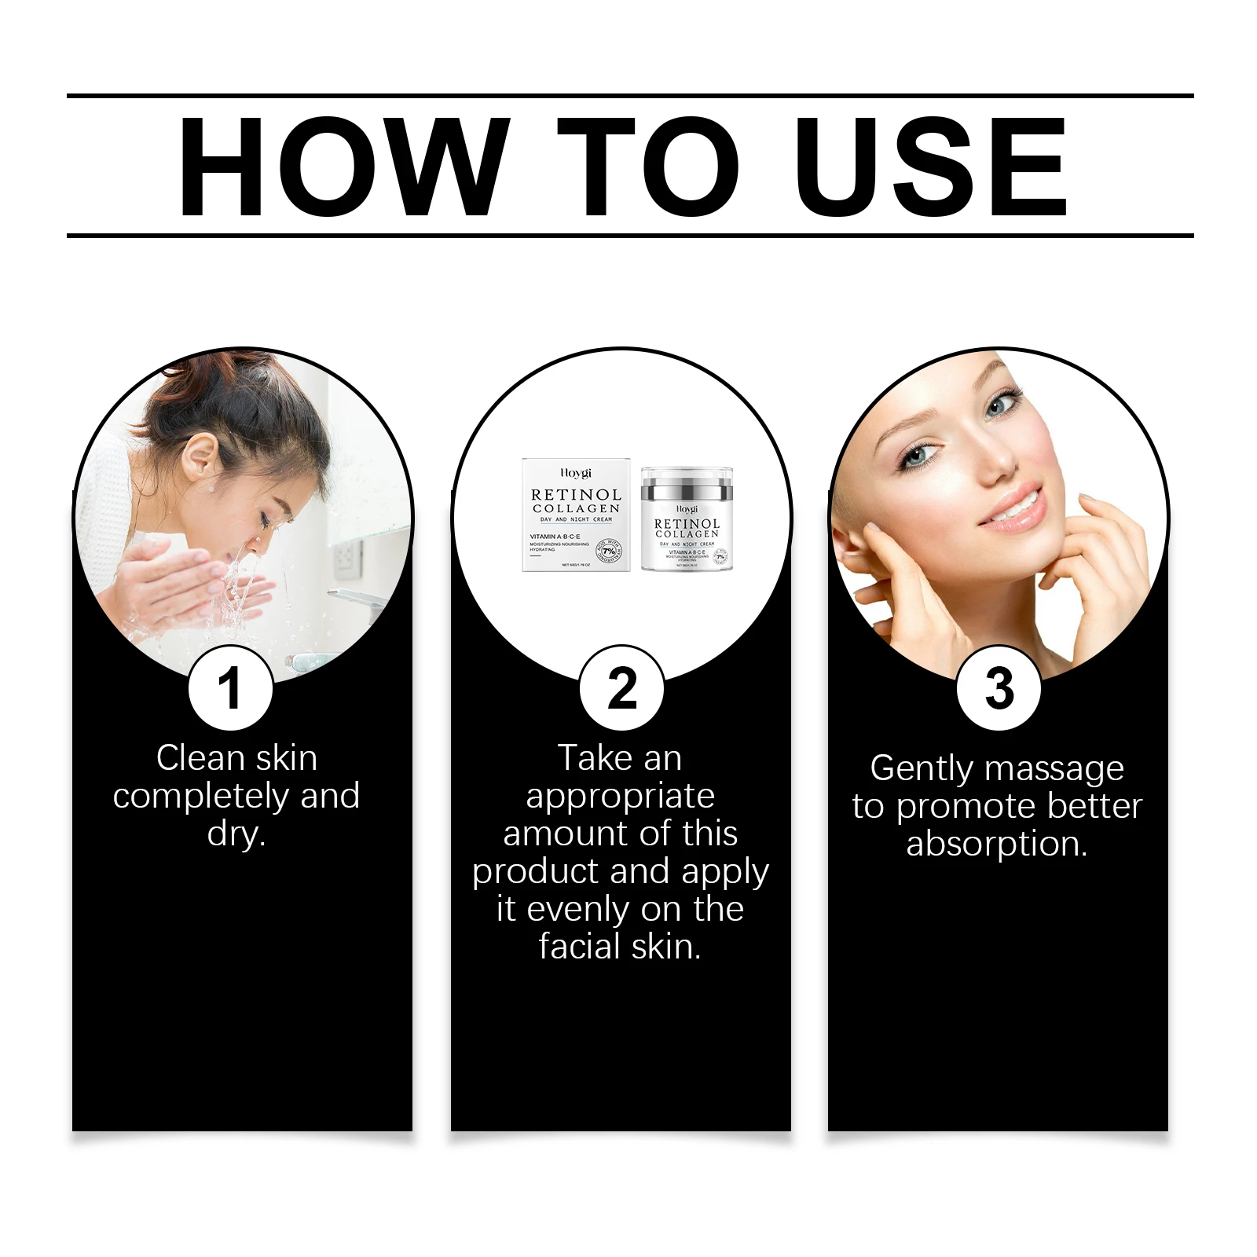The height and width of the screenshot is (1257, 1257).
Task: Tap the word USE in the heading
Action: click(x=931, y=166)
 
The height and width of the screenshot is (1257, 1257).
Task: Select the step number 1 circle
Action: click(x=230, y=688)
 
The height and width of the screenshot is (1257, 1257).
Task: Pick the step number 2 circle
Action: click(x=621, y=688)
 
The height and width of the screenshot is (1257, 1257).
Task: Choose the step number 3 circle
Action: click(x=999, y=688)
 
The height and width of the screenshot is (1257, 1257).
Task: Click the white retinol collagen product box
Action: click(x=576, y=515)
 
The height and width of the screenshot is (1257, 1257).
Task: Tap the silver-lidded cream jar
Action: click(x=687, y=519)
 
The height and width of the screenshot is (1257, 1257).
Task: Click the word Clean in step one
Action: click(x=200, y=758)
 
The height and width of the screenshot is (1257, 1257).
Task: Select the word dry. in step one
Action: click(x=236, y=834)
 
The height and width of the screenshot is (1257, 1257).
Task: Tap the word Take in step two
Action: click(x=595, y=758)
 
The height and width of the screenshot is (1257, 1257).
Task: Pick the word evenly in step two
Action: click(x=579, y=910)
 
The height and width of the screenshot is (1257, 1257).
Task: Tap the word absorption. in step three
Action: click(x=997, y=845)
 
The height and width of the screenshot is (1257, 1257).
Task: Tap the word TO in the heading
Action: click(x=648, y=166)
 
